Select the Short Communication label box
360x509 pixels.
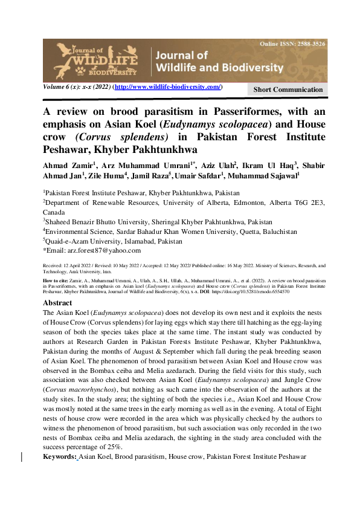288,89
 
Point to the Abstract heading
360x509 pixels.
59,302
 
